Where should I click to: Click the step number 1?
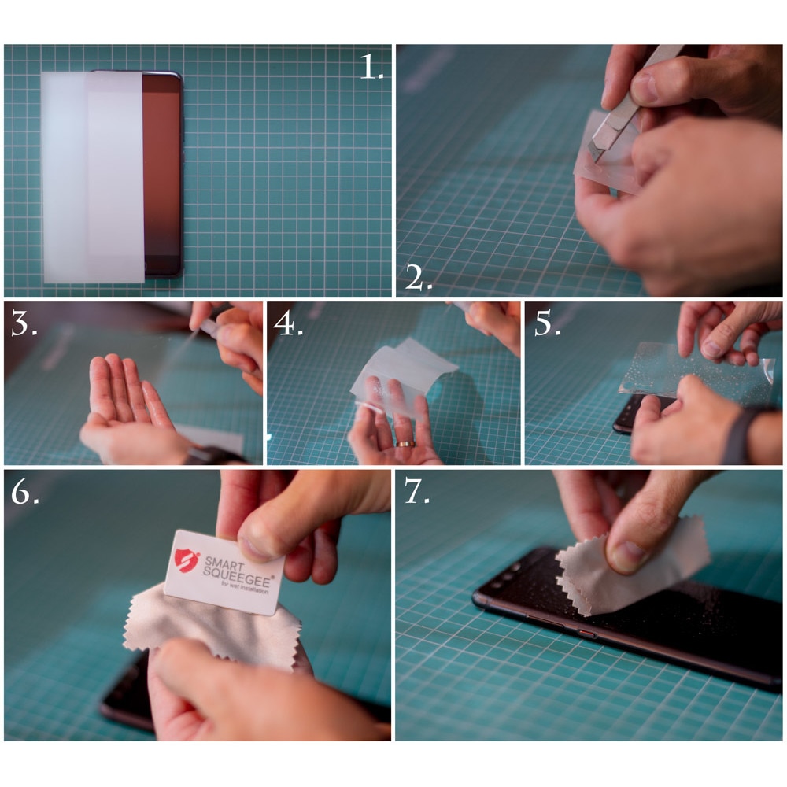point(371,67)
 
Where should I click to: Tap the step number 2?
point(418,278)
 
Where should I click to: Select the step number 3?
point(24,323)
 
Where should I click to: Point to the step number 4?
point(287,323)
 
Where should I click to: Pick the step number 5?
point(547,323)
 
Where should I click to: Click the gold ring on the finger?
point(404,444)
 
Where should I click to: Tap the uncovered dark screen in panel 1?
point(161,173)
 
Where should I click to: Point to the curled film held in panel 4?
point(401,375)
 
